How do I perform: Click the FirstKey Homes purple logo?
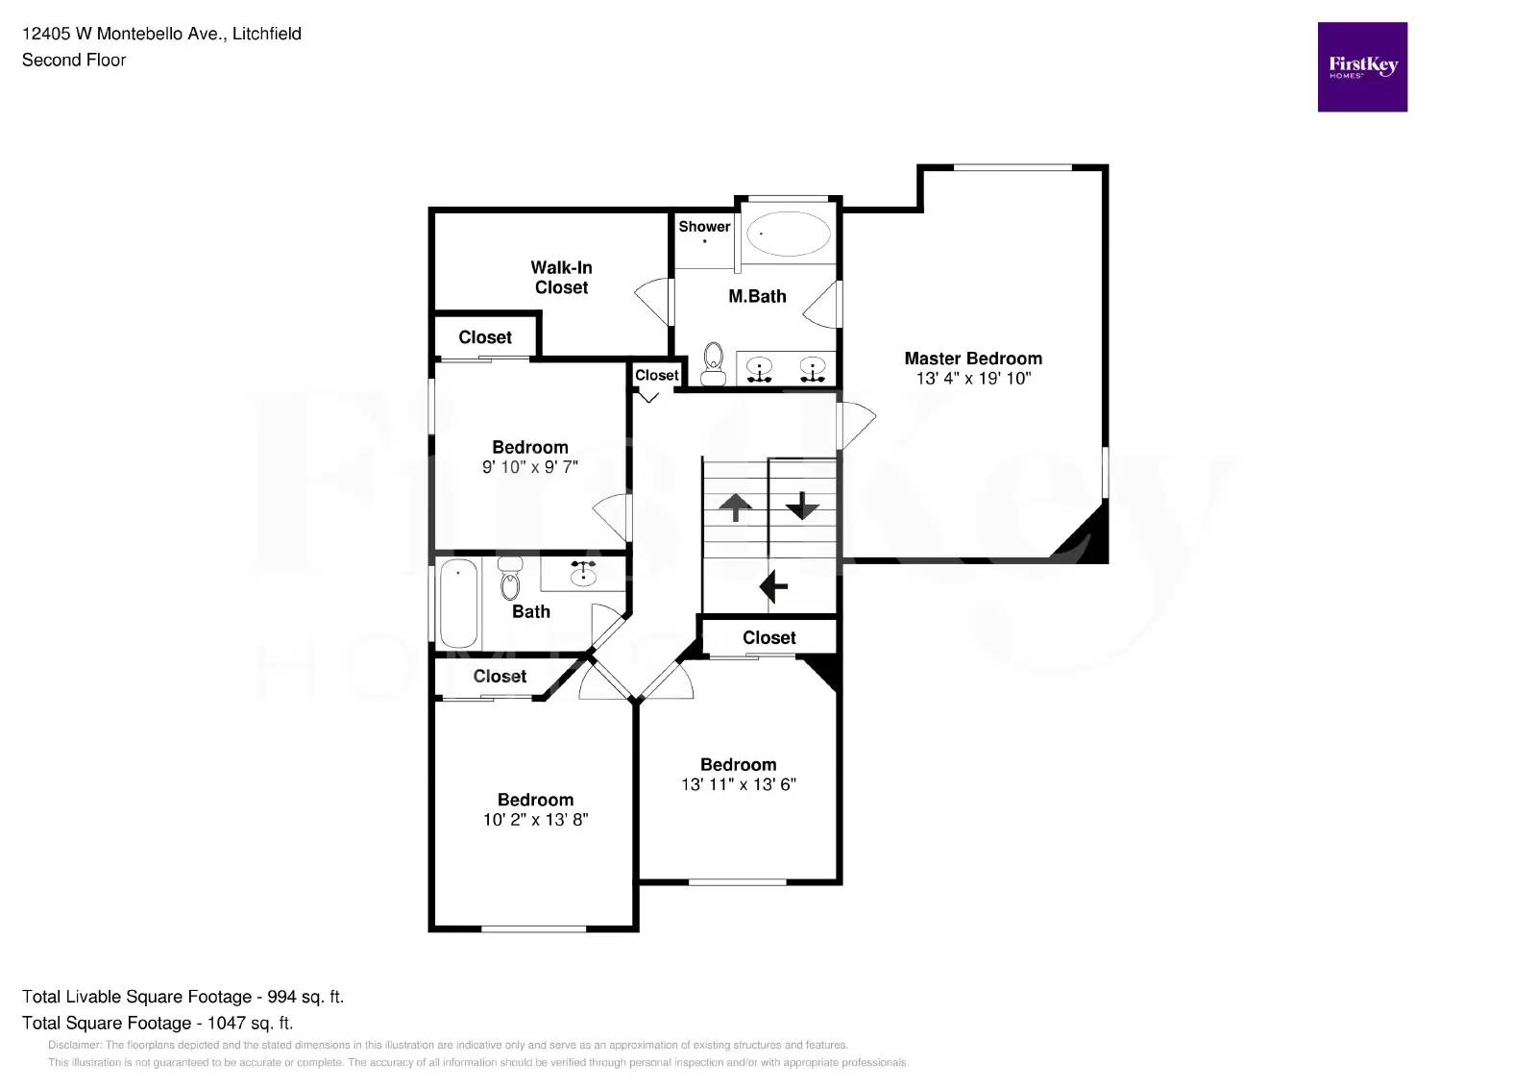click(x=1362, y=67)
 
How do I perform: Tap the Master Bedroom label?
click(x=973, y=359)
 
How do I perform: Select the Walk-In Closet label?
click(x=561, y=278)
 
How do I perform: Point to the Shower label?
click(x=704, y=227)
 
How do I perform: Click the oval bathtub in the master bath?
click(x=789, y=234)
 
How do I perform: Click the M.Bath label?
click(x=757, y=297)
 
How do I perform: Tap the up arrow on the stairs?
click(x=736, y=507)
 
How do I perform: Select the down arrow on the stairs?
click(x=802, y=506)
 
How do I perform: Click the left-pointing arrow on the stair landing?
click(x=773, y=585)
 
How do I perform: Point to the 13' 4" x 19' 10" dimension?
click(x=973, y=379)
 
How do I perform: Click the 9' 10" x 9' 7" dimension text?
click(x=530, y=467)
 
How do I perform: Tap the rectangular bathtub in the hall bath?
click(x=458, y=604)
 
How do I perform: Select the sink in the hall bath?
click(x=583, y=573)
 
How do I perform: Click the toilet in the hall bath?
click(x=510, y=579)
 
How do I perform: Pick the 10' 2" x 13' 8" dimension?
click(x=535, y=820)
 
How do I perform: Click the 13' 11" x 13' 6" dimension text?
click(x=739, y=784)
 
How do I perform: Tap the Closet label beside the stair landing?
click(x=769, y=638)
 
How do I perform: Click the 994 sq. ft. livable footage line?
click(x=183, y=997)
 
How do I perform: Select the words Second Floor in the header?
click(x=74, y=60)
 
